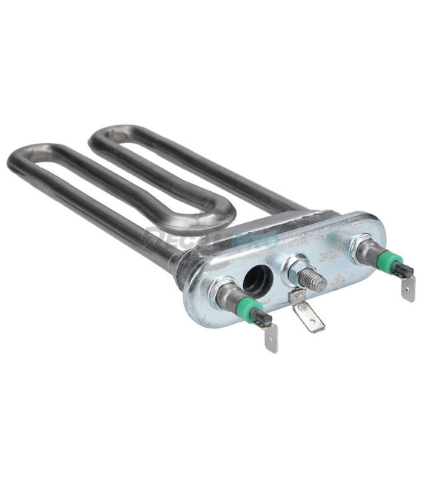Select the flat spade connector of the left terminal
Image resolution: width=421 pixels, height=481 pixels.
(271, 337)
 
